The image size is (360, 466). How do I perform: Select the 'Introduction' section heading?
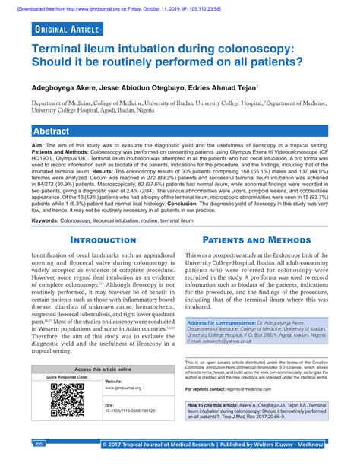click(103, 240)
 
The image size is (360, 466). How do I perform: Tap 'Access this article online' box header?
click(103, 368)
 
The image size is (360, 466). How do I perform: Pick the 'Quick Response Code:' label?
click(68, 377)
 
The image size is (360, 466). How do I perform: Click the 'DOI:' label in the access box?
click(109, 405)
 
